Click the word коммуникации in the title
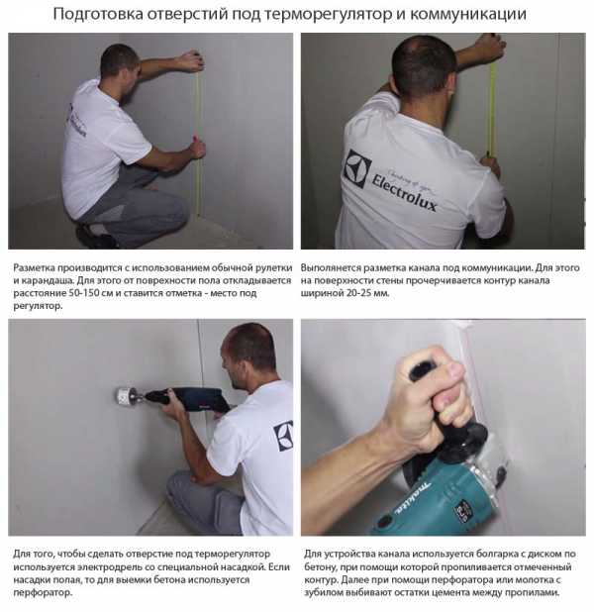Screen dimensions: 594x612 click(x=468, y=15)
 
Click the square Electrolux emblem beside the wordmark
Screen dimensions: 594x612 click(x=357, y=168)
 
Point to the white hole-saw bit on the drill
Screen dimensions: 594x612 click(x=124, y=396)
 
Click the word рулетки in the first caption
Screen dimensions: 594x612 click(x=273, y=268)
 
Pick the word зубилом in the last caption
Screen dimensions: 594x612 click(x=322, y=593)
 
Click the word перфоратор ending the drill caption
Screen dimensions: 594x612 click(x=43, y=593)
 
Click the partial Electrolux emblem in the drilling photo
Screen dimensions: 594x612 click(x=284, y=437)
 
